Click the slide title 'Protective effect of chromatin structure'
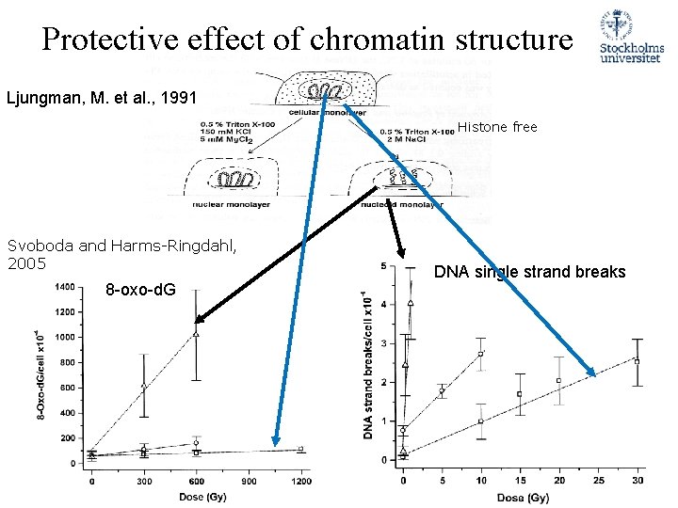(307, 40)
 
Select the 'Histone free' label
(497, 127)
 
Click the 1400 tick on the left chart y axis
(65, 287)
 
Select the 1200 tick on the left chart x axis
(300, 481)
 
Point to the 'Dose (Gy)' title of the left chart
(193, 496)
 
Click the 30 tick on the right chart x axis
(637, 481)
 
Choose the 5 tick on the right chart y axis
(381, 265)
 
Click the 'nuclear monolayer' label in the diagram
(226, 203)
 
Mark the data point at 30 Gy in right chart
(637, 361)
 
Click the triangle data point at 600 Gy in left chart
(196, 333)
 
